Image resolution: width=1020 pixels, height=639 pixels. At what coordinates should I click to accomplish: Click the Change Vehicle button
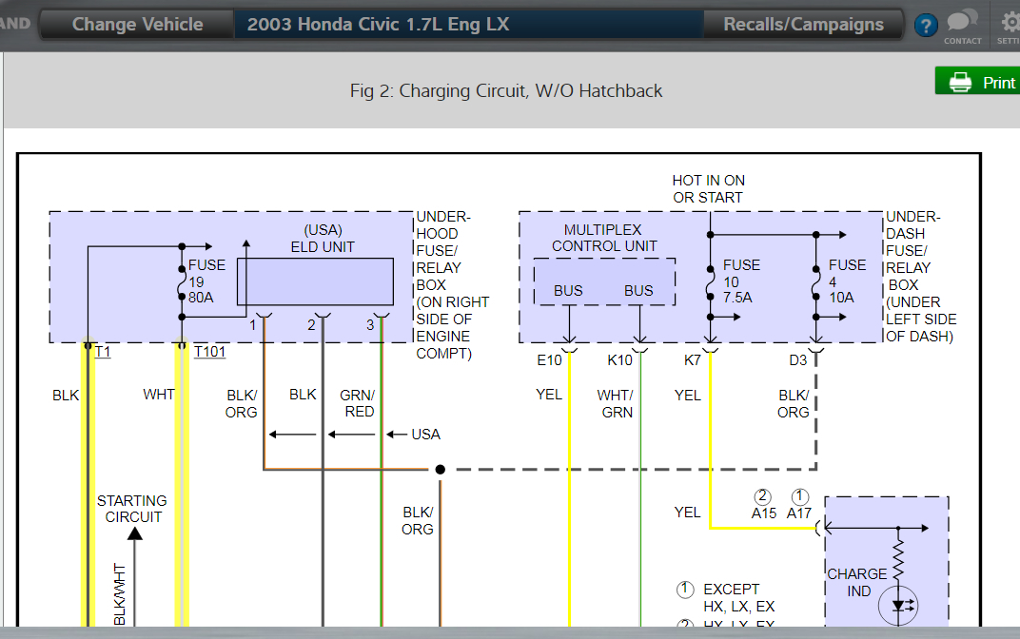point(137,25)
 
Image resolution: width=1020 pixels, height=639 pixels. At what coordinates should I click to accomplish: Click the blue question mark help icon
point(925,26)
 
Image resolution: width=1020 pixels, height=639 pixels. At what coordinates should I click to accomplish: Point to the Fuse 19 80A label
point(206,281)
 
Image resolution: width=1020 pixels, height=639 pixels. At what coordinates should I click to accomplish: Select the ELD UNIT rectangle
point(315,281)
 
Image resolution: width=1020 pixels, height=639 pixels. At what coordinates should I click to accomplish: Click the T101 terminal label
point(209,353)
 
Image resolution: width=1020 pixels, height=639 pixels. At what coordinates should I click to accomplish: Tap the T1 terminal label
point(103,353)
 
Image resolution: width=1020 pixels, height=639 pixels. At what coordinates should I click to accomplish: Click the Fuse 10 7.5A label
point(741,281)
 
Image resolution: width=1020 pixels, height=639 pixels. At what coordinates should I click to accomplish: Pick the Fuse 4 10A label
point(847,281)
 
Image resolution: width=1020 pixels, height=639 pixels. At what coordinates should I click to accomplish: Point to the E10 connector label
point(549,360)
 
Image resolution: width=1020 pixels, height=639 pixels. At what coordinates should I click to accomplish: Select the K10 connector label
point(620,360)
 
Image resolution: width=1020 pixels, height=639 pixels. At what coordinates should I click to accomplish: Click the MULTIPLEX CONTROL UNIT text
point(603,238)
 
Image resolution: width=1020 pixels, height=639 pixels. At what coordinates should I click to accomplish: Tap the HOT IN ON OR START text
point(708,189)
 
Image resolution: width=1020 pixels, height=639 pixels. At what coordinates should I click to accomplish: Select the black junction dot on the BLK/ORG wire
point(440,469)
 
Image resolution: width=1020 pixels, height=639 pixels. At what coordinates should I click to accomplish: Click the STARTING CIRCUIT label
point(131,509)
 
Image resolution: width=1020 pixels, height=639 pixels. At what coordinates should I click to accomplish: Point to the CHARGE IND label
point(856,582)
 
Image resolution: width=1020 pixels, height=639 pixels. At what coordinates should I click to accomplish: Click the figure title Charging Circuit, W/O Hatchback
point(506,91)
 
